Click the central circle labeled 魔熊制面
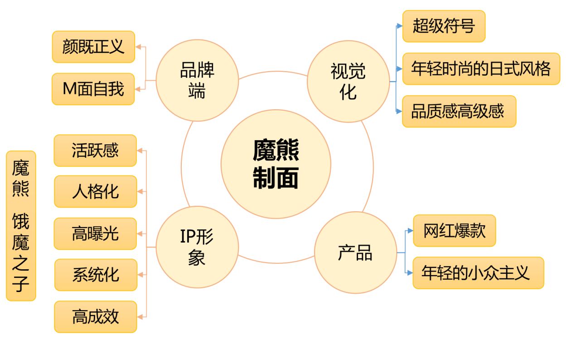pyautogui.click(x=276, y=164)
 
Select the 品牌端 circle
pyautogui.click(x=197, y=81)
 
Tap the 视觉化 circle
pyautogui.click(x=348, y=81)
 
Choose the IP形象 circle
pyautogui.click(x=197, y=247)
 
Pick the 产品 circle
pyautogui.click(x=355, y=253)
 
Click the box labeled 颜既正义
pyautogui.click(x=93, y=47)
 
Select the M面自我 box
pyautogui.click(x=93, y=89)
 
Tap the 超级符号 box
pyautogui.click(x=444, y=26)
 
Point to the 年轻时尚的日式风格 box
pyautogui.click(x=481, y=68)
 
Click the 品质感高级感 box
pyautogui.click(x=459, y=111)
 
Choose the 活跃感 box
pyautogui.click(x=95, y=151)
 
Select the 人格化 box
pyautogui.click(x=95, y=191)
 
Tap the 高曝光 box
pyautogui.click(x=95, y=234)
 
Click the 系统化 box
pyautogui.click(x=96, y=275)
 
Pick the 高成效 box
pyautogui.click(x=96, y=316)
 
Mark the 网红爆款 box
pyautogui.click(x=454, y=231)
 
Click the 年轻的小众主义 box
pyautogui.click(x=478, y=273)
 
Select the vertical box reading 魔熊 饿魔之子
pyautogui.click(x=21, y=226)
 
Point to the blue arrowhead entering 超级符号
pyautogui.click(x=399, y=26)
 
